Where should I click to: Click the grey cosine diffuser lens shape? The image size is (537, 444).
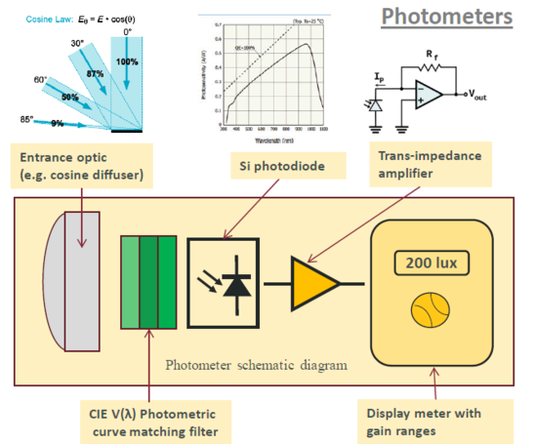[x=72, y=282]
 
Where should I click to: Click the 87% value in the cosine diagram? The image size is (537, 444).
[x=94, y=75]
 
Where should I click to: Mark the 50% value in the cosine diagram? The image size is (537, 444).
[x=70, y=98]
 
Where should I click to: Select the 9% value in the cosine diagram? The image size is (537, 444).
[x=57, y=123]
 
